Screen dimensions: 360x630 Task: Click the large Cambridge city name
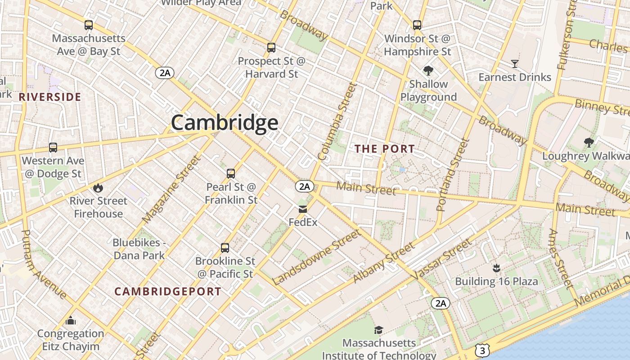tap(224, 122)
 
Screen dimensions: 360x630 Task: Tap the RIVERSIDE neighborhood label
tap(50, 97)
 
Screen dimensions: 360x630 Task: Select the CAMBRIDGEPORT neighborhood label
tap(168, 291)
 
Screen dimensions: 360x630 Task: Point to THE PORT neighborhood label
tap(385, 148)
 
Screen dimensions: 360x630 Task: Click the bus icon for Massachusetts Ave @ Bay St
tap(89, 25)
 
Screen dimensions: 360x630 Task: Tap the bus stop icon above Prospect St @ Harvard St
tap(271, 48)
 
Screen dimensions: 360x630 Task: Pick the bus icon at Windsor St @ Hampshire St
tap(417, 25)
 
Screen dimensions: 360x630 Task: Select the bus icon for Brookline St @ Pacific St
tap(225, 248)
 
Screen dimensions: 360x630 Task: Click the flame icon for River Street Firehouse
tap(98, 188)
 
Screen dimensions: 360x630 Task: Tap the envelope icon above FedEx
tap(302, 209)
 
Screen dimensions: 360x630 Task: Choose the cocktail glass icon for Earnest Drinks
tap(514, 64)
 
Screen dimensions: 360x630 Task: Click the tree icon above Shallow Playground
tap(428, 71)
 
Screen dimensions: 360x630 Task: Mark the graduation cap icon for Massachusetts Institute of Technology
tap(378, 330)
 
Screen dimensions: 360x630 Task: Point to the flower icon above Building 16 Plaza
tap(496, 269)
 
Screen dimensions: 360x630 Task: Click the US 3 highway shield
tap(482, 350)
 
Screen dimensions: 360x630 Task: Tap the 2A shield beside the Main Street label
tap(305, 186)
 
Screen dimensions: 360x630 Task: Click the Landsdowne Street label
tap(316, 257)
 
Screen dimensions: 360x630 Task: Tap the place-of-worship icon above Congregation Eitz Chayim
tap(71, 320)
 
